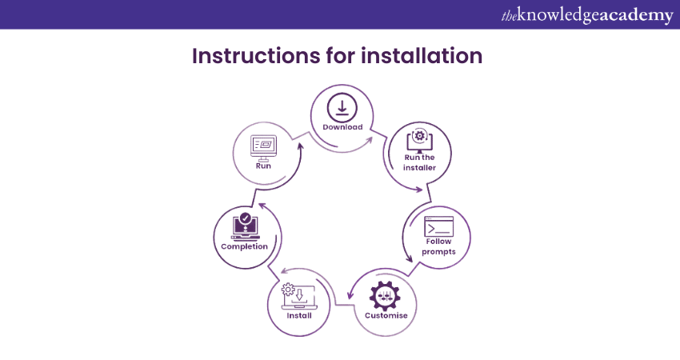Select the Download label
point(342,127)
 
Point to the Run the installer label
point(419,162)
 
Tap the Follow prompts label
point(439,246)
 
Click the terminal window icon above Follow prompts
point(439,225)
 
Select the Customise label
point(386,315)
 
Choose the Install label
point(299,315)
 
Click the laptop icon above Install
point(299,296)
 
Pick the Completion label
point(244,246)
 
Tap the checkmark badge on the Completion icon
point(246,218)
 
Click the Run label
point(263,166)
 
